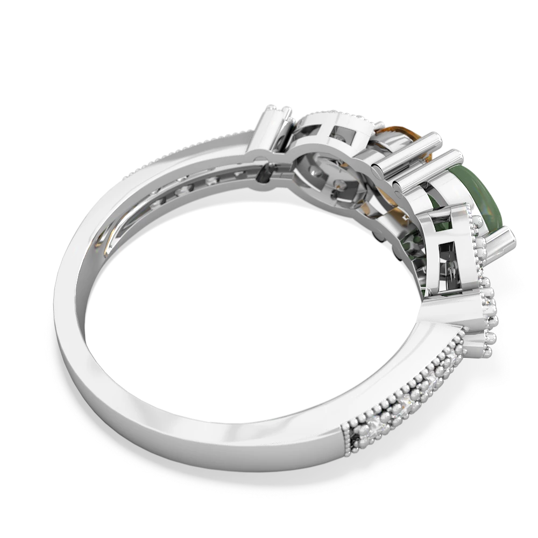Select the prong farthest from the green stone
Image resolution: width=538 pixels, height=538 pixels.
278,116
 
